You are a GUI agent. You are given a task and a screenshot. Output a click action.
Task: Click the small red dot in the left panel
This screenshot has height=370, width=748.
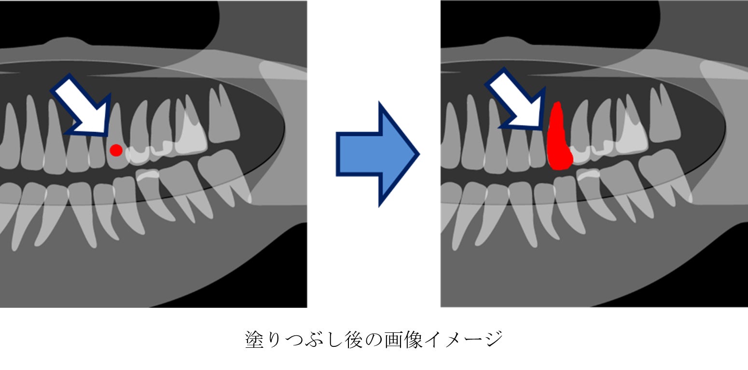pyautogui.click(x=116, y=150)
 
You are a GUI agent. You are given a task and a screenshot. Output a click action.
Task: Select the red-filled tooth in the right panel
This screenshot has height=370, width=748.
pyautogui.click(x=558, y=140)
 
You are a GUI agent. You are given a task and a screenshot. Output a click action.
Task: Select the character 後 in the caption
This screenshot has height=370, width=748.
pyautogui.click(x=354, y=340)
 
